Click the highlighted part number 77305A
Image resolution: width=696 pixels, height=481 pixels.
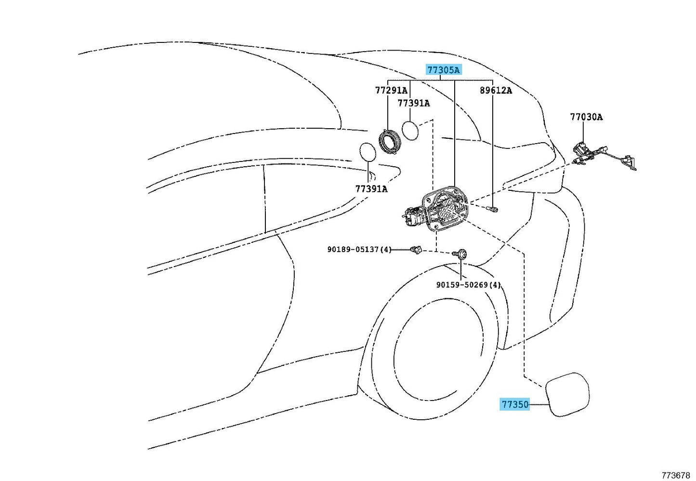443,70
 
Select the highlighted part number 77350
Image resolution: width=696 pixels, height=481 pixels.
515,404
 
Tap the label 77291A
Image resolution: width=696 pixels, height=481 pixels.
391,90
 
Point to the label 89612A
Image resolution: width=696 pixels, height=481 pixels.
496,90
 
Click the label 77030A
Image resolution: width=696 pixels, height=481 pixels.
586,117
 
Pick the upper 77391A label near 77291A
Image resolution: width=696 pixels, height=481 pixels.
413,103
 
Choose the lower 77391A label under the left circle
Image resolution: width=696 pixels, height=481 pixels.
371,188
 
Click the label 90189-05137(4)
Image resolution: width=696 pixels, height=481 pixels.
359,249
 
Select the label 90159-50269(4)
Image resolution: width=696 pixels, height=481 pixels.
468,285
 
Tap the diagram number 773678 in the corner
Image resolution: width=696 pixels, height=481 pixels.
676,475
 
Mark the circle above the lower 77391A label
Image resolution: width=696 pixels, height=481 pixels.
368,153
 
